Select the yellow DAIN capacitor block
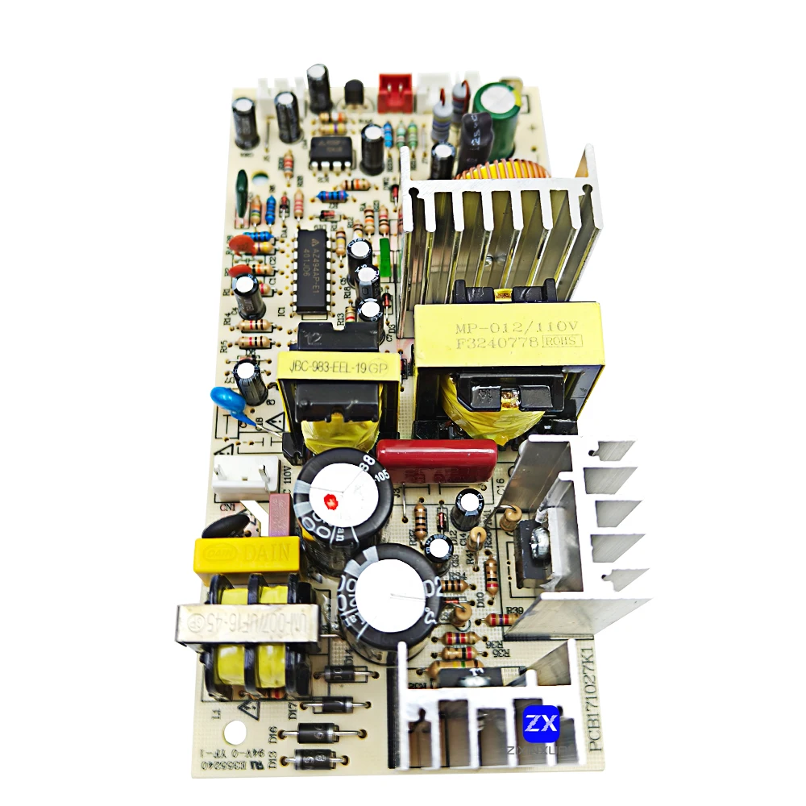pyautogui.click(x=246, y=555)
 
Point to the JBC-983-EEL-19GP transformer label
pyautogui.click(x=333, y=368)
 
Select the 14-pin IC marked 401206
pyautogui.click(x=311, y=269)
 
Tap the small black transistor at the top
pyautogui.click(x=353, y=94)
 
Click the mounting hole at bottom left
pyautogui.click(x=235, y=731)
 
